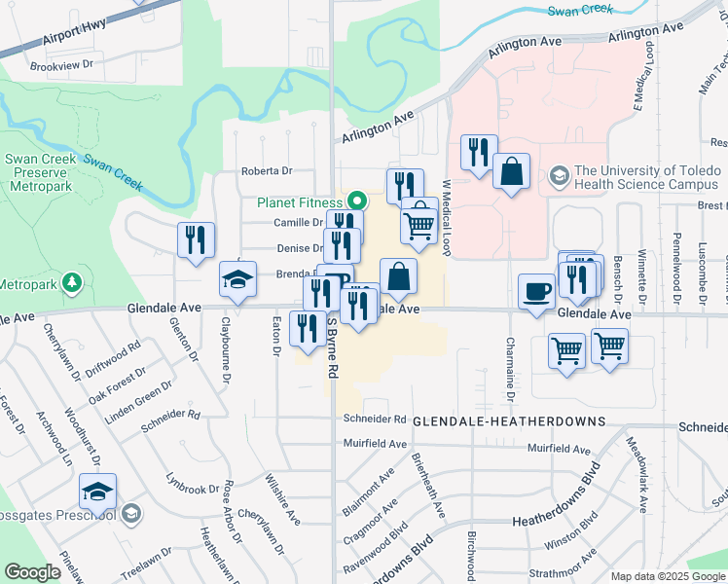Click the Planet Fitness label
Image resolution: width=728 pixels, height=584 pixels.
[x=301, y=202]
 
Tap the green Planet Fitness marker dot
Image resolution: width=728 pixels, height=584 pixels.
[x=356, y=202]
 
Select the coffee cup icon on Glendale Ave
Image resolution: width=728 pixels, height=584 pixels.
[x=536, y=292]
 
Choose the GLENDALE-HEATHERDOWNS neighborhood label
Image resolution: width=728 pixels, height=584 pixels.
[x=509, y=421]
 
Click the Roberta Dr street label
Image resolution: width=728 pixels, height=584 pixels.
[x=267, y=171]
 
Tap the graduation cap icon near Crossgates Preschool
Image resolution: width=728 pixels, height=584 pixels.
[x=97, y=493]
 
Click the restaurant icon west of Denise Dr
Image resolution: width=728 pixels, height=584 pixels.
[x=196, y=240]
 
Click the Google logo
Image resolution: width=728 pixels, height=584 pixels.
[x=32, y=572]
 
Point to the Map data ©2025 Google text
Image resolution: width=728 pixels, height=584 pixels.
[x=668, y=576]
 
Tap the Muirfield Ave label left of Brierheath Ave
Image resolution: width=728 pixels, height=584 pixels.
[x=375, y=444]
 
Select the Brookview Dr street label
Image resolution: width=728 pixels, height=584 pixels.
[x=60, y=66]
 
